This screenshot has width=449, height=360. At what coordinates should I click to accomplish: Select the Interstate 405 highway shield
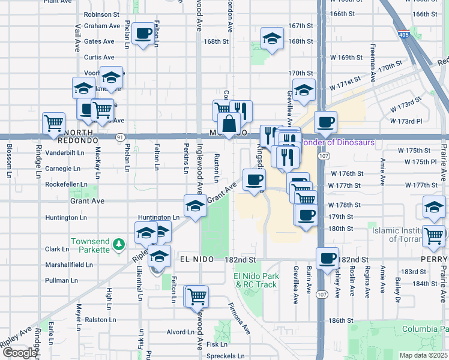[x=404, y=35]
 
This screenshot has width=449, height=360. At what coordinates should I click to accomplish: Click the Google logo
[x=20, y=353]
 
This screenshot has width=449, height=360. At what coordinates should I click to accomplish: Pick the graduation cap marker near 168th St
[x=272, y=40]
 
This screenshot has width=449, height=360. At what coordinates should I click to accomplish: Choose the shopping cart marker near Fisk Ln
[x=196, y=296]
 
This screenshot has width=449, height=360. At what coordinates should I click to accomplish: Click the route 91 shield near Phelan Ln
[x=121, y=137]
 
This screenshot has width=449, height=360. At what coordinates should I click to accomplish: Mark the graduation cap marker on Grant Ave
[x=193, y=206]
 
